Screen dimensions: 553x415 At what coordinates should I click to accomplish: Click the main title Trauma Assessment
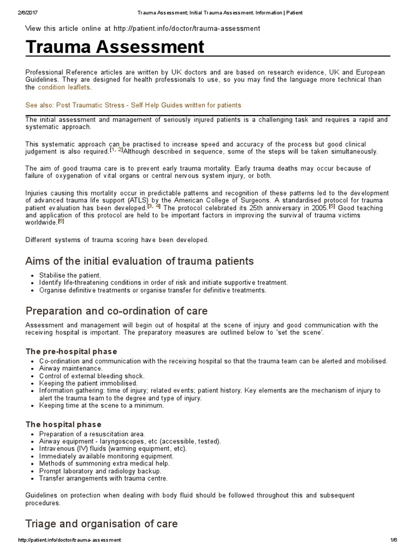pos(115,47)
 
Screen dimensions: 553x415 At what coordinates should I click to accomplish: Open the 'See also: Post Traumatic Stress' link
pos(133,105)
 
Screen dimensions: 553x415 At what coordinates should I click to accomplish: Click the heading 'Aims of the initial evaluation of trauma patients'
pos(139,261)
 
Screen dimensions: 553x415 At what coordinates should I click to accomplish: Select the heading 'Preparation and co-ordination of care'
pos(116,311)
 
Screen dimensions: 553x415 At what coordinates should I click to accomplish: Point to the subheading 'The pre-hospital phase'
pos(71,352)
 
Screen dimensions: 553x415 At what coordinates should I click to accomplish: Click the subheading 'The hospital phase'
pos(63,424)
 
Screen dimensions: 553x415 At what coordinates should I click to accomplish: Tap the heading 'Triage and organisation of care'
pos(101,523)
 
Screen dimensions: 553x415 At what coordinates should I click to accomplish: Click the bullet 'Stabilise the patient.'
pos(70,275)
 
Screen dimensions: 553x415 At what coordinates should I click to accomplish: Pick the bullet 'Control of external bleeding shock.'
pos(91,376)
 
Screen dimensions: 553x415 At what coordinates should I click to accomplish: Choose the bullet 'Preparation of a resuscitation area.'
pos(92,434)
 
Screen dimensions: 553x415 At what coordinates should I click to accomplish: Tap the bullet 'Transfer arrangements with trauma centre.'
pos(103,478)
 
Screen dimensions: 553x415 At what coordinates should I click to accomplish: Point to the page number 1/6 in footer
pos(392,540)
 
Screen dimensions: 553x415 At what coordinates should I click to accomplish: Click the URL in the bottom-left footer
pos(69,540)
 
